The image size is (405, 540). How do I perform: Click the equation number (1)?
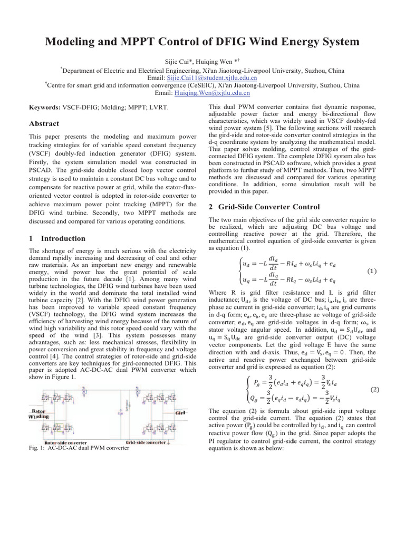(371, 271)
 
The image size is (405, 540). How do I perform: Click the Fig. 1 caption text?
(78, 433)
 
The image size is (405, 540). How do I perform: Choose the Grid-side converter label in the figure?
(145, 428)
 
